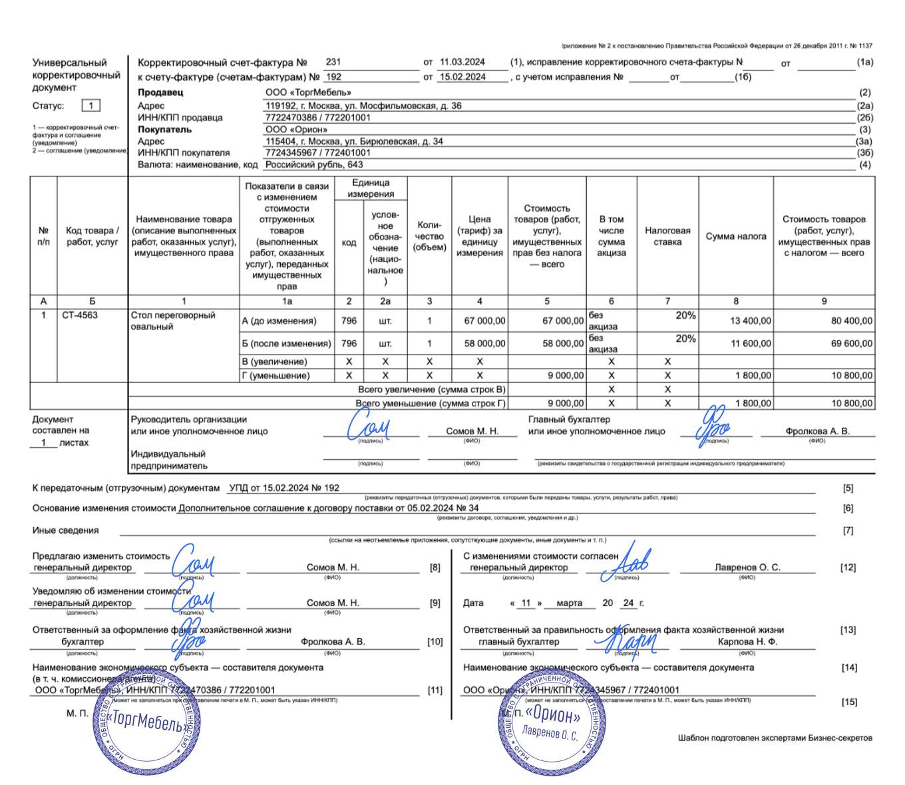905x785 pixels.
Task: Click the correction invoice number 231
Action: [333, 62]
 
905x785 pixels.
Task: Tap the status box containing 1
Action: [91, 106]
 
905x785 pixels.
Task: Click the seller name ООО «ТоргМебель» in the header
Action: [308, 92]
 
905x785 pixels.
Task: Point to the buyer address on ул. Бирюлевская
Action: [354, 141]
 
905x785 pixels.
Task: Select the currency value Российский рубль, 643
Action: [314, 164]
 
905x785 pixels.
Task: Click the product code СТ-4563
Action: [80, 315]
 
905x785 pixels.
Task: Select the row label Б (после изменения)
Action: [286, 343]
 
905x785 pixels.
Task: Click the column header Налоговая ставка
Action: [667, 236]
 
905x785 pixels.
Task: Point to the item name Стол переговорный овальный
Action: [173, 321]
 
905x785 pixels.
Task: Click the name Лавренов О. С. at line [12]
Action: [747, 567]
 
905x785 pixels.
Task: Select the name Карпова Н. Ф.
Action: [747, 642]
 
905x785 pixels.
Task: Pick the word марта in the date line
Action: [569, 603]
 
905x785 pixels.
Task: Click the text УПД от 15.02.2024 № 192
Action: [284, 488]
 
